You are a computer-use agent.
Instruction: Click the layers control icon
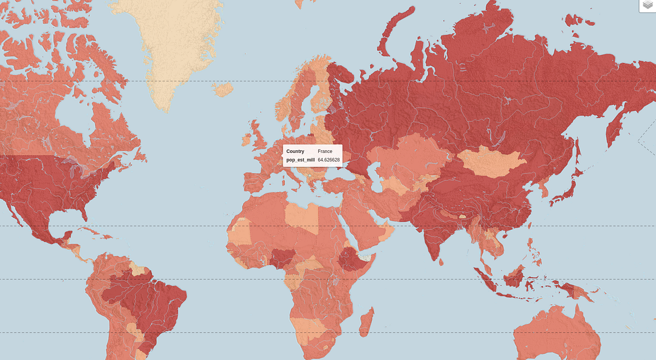pyautogui.click(x=647, y=5)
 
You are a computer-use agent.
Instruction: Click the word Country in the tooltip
pyautogui.click(x=295, y=151)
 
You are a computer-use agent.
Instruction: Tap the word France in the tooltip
pyautogui.click(x=325, y=151)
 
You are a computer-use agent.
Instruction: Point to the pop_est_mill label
pyautogui.click(x=300, y=160)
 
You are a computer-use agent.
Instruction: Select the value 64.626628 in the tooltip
pyautogui.click(x=329, y=160)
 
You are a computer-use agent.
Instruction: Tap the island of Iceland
pyautogui.click(x=222, y=89)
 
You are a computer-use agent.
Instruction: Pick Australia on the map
pyautogui.click(x=558, y=333)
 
